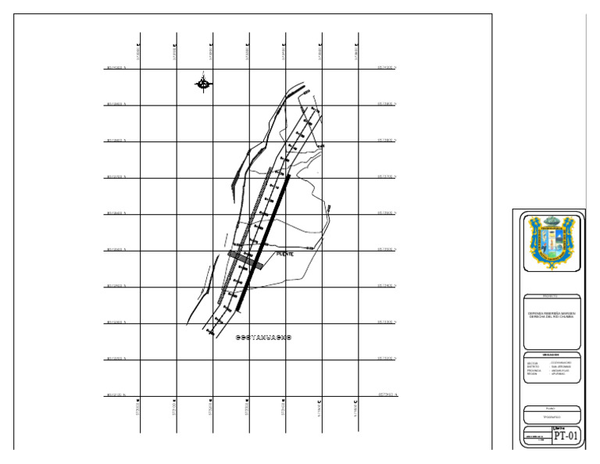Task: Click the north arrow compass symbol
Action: click(203, 83)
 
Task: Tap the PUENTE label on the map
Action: click(284, 255)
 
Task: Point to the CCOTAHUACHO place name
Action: click(263, 338)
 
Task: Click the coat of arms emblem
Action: click(552, 241)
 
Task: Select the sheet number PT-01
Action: click(566, 437)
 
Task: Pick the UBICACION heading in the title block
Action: click(552, 354)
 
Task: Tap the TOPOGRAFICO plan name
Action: click(552, 419)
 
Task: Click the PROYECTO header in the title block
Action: click(552, 297)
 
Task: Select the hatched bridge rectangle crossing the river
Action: click(245, 259)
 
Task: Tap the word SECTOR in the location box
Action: click(533, 362)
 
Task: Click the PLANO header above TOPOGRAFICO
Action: click(552, 408)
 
